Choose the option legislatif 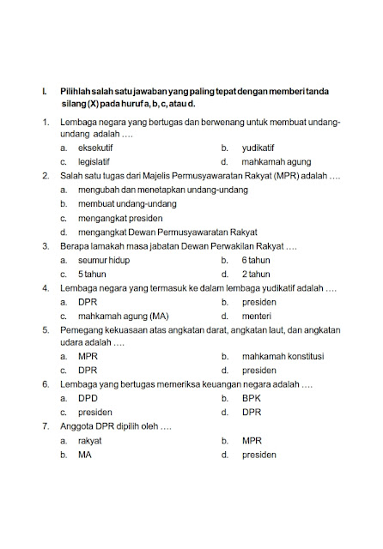95,161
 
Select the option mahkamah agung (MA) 123,316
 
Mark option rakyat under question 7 90,441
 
